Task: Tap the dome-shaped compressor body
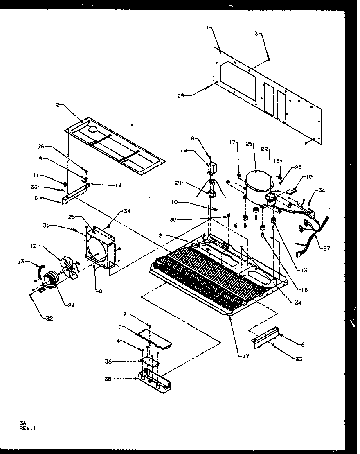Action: (x=256, y=182)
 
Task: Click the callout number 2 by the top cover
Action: (x=59, y=105)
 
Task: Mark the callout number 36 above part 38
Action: (x=108, y=361)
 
